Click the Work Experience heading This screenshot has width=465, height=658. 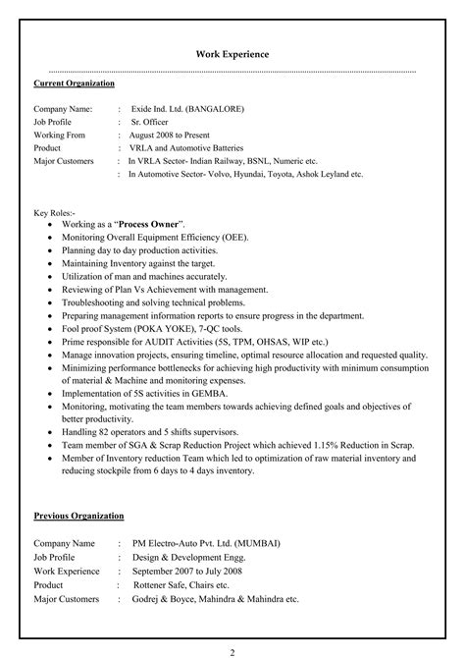(232, 54)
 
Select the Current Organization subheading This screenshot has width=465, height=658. (74, 83)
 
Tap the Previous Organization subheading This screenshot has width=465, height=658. (77, 515)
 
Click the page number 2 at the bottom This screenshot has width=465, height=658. (232, 650)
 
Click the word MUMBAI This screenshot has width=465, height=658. (251, 542)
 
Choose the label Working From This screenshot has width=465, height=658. (60, 135)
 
